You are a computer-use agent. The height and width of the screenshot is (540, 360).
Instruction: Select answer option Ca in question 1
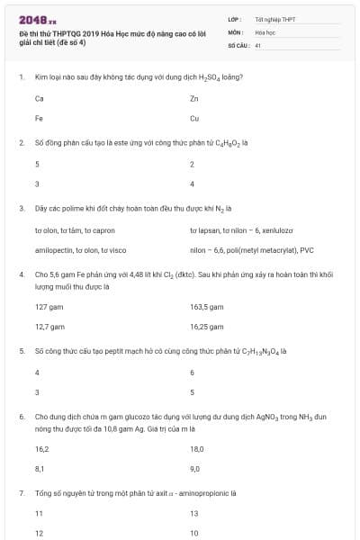coord(40,98)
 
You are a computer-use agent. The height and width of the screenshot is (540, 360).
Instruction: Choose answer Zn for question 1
coord(194,98)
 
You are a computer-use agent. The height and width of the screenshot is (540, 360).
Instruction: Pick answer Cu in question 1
coord(194,118)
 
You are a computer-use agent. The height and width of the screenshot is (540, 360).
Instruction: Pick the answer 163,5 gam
coord(206,307)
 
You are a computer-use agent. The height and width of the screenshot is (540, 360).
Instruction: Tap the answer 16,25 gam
coord(206,327)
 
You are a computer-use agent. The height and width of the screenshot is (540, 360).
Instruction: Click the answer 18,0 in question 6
coord(196,448)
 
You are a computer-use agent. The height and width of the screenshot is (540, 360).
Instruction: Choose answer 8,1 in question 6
coord(40,468)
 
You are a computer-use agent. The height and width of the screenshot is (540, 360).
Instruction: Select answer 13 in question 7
coord(194,513)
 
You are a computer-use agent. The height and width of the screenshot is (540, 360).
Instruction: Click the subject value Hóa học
coord(265,31)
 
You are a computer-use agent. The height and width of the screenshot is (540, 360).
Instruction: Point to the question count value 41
coord(258,44)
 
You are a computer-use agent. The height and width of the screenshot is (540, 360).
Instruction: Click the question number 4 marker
coord(21,273)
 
